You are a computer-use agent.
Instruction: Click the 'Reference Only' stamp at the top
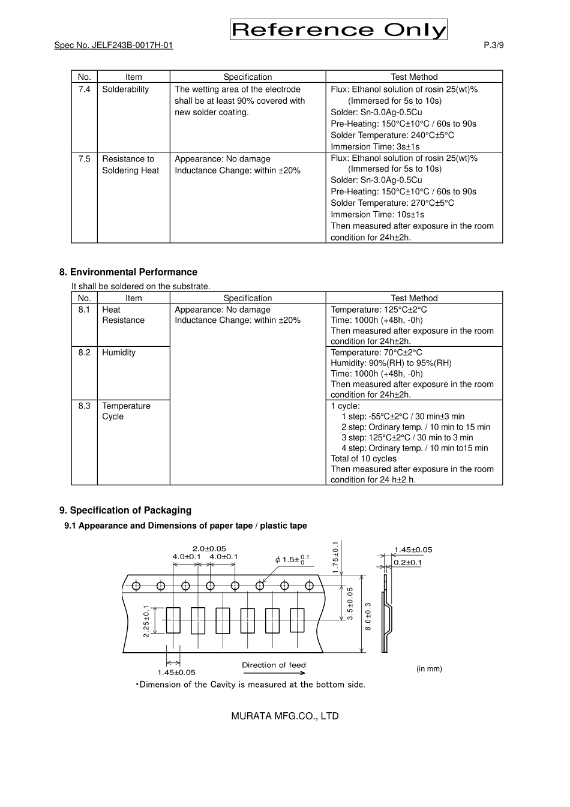[338, 29]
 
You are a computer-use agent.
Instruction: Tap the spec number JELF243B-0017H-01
[113, 45]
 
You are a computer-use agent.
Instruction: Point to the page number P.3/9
[493, 45]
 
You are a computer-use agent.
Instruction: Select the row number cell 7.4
[84, 89]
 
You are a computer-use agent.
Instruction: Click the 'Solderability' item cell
[125, 89]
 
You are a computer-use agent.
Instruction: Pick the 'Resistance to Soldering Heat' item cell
[131, 164]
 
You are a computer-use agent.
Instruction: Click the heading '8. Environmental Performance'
[128, 272]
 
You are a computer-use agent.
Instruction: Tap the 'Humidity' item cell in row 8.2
[119, 352]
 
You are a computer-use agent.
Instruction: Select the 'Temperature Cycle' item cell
[126, 411]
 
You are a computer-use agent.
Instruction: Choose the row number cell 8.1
[84, 310]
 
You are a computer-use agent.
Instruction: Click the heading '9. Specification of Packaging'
[125, 510]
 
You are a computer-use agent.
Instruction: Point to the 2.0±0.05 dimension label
[209, 548]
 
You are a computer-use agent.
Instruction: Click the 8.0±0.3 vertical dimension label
[368, 616]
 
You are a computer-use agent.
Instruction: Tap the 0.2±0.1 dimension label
[408, 562]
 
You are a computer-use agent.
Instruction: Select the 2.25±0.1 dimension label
[146, 620]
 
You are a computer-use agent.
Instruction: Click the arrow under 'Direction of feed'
[274, 673]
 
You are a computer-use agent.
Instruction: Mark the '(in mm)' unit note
[429, 668]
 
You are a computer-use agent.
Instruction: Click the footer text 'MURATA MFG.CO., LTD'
[285, 716]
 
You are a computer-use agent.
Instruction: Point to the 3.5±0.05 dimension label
[350, 602]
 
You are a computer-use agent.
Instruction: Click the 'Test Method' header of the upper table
[414, 77]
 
